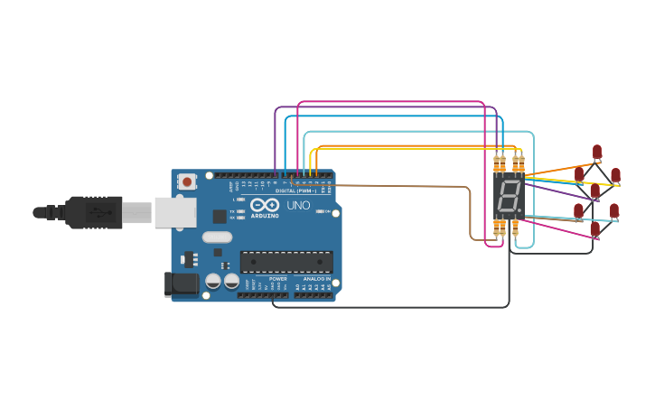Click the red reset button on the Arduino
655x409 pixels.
tap(187, 181)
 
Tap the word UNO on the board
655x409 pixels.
tap(298, 205)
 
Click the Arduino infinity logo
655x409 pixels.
tap(265, 206)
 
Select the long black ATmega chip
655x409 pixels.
tap(285, 262)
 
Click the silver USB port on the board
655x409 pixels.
tap(175, 212)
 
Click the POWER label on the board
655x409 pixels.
tap(277, 279)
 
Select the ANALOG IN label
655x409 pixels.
tap(315, 279)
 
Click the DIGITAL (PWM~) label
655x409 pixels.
tap(295, 191)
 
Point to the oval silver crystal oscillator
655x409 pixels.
tap(217, 237)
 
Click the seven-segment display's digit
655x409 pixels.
tap(509, 196)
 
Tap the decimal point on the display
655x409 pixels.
tap(519, 211)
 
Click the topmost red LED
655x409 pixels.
tap(597, 151)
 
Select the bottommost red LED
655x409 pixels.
tap(594, 229)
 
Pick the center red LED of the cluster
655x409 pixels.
tap(594, 191)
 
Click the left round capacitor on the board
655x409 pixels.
tap(213, 281)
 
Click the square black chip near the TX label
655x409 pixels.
tap(220, 216)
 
